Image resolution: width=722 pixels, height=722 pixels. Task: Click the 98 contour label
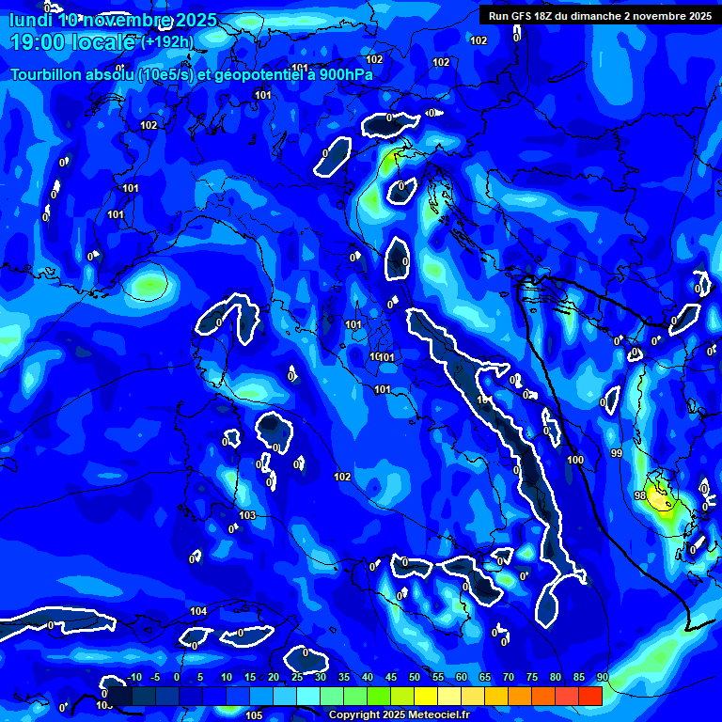[x=640, y=495]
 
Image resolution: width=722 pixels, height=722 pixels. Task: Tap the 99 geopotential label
[x=617, y=454]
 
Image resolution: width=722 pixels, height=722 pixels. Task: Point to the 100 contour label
[x=576, y=460]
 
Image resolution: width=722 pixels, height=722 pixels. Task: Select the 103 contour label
[x=247, y=516]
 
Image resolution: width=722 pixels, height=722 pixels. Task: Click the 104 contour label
[x=198, y=612]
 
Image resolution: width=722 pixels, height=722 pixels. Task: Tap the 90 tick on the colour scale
[x=602, y=677]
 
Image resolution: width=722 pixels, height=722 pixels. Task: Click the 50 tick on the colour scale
[x=414, y=677]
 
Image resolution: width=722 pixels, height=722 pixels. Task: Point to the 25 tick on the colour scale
[x=296, y=677]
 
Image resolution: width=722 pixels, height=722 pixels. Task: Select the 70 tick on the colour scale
[x=509, y=677]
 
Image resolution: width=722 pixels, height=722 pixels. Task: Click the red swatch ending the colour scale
[x=590, y=696]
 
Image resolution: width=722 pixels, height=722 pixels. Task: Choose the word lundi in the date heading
[x=30, y=19]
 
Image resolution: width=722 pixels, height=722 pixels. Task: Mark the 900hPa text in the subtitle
[x=343, y=75]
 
